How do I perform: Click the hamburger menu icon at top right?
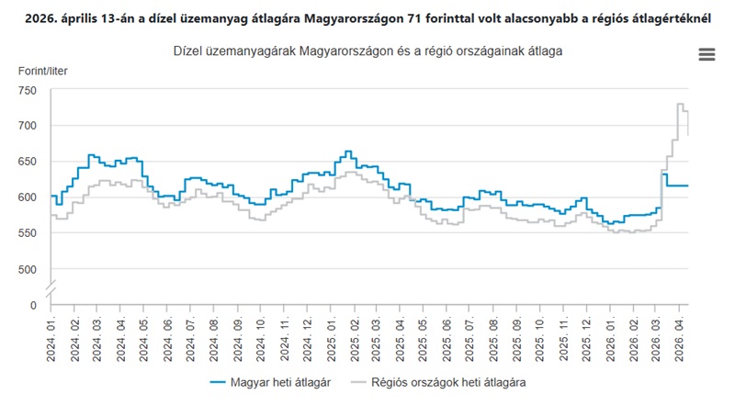click(x=707, y=55)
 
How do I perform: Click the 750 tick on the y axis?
click(x=25, y=90)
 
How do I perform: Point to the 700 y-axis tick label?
click(x=25, y=126)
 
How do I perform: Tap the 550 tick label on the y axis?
click(x=25, y=233)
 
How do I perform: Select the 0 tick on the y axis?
click(x=33, y=305)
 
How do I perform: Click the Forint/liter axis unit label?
click(x=42, y=71)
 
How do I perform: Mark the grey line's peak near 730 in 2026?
click(x=681, y=105)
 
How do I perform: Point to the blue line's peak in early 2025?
click(x=347, y=152)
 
